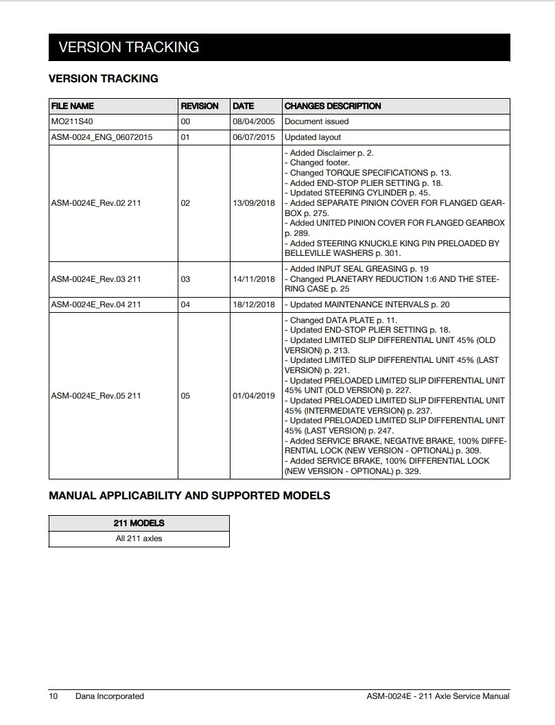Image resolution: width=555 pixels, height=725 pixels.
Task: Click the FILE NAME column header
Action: (x=72, y=106)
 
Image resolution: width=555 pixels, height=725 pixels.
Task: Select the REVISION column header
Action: (x=199, y=106)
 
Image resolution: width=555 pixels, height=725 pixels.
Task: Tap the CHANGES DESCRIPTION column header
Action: (x=333, y=106)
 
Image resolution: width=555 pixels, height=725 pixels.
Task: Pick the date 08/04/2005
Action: (x=253, y=121)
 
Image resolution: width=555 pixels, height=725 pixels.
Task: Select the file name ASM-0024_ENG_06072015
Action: (x=102, y=137)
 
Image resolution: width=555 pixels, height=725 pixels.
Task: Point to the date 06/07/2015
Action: (x=253, y=137)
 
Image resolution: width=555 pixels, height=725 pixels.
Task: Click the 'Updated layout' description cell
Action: (x=313, y=137)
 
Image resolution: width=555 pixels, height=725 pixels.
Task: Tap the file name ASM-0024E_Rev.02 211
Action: (x=96, y=204)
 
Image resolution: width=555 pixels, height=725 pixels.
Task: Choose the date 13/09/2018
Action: (x=253, y=204)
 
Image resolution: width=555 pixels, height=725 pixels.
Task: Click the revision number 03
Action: (x=185, y=279)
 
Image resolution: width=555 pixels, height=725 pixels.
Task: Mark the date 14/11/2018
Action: (x=253, y=279)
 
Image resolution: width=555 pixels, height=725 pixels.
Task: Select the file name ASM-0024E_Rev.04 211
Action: (x=96, y=305)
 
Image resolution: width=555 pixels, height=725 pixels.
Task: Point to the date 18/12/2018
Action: (x=253, y=305)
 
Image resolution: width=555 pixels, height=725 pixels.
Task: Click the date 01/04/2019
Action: (x=253, y=396)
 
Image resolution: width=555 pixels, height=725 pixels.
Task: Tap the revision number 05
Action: (x=185, y=396)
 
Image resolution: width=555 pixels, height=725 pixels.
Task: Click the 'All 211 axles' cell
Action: (x=139, y=538)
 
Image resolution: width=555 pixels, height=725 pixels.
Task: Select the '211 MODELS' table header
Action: (x=139, y=523)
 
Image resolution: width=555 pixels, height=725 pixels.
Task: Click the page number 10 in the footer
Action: (x=54, y=696)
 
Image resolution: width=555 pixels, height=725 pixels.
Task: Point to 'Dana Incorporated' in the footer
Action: (x=110, y=696)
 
